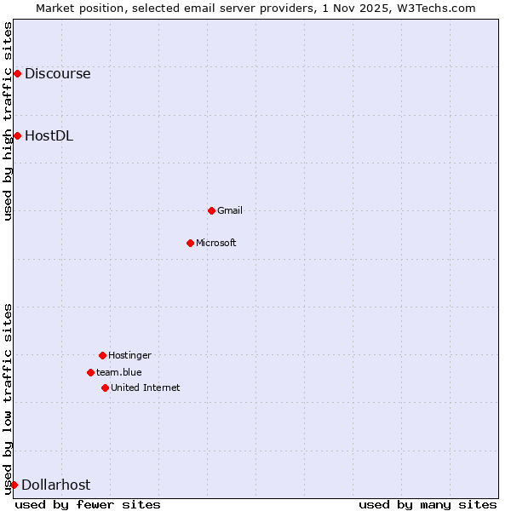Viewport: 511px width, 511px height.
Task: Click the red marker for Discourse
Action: pyautogui.click(x=17, y=73)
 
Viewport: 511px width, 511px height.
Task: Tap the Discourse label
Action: pyautogui.click(x=57, y=73)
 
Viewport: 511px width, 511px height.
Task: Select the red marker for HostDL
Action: pyautogui.click(x=17, y=135)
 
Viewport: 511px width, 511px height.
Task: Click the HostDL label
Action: pyautogui.click(x=49, y=135)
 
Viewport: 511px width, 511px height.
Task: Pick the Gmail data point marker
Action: pyautogui.click(x=211, y=210)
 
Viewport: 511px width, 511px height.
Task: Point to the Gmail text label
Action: pyautogui.click(x=230, y=210)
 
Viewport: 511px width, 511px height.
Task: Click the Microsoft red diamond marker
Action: pyautogui.click(x=190, y=243)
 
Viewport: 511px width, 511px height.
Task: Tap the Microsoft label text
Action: pyautogui.click(x=216, y=243)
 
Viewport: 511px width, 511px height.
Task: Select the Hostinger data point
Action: pyautogui.click(x=102, y=355)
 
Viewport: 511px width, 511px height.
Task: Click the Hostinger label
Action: pyautogui.click(x=129, y=355)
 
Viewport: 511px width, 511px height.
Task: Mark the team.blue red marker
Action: pyautogui.click(x=90, y=372)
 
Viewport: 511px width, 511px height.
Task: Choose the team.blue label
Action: pyautogui.click(x=119, y=372)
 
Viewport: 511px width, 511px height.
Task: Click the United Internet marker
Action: pyautogui.click(x=105, y=388)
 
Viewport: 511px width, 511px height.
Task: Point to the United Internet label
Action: pyautogui.click(x=146, y=388)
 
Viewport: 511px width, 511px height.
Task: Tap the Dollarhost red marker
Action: pyautogui.click(x=14, y=485)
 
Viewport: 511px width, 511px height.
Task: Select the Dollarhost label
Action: pyautogui.click(x=55, y=485)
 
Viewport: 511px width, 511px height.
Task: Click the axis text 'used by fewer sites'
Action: pyautogui.click(x=88, y=504)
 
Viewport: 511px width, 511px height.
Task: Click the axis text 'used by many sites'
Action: pyautogui.click(x=428, y=504)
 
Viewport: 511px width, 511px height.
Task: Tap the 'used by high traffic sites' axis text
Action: pyautogui.click(x=8, y=121)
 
